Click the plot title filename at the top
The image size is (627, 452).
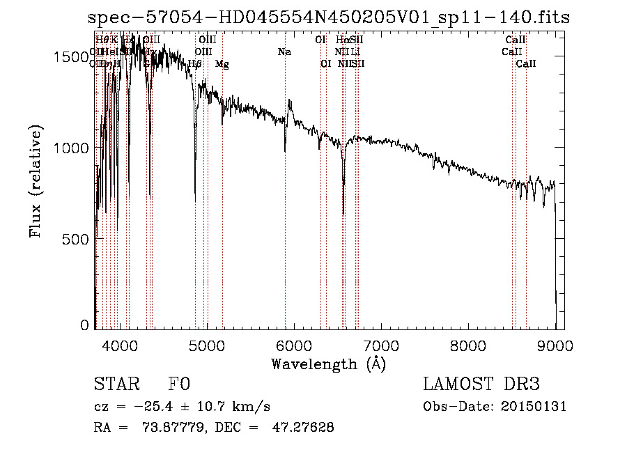coord(329,17)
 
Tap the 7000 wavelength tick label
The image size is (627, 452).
coord(380,343)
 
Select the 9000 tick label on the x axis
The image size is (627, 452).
coord(555,343)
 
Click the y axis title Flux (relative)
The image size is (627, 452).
coord(36,181)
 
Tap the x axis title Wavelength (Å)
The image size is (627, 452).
coord(328,364)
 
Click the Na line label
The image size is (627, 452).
coord(284,52)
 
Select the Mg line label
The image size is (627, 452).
coord(222,64)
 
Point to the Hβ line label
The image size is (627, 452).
coord(195,64)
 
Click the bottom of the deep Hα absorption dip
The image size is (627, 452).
coord(343,213)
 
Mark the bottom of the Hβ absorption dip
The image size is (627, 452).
coord(195,201)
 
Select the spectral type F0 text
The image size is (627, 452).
coord(179,384)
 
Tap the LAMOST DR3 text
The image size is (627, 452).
coord(481,384)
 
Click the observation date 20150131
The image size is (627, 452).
coord(536,407)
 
